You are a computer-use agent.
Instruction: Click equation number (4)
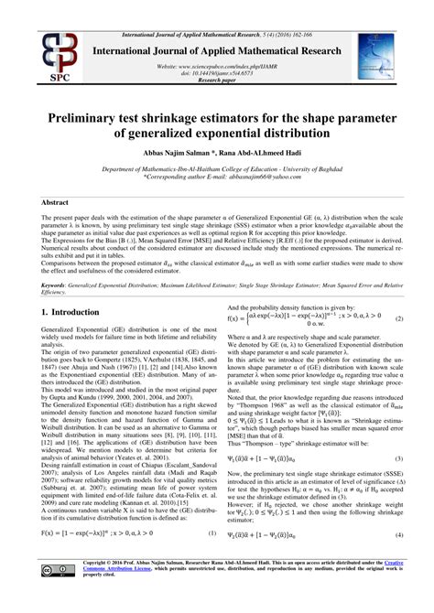pyautogui.click(x=399, y=560)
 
